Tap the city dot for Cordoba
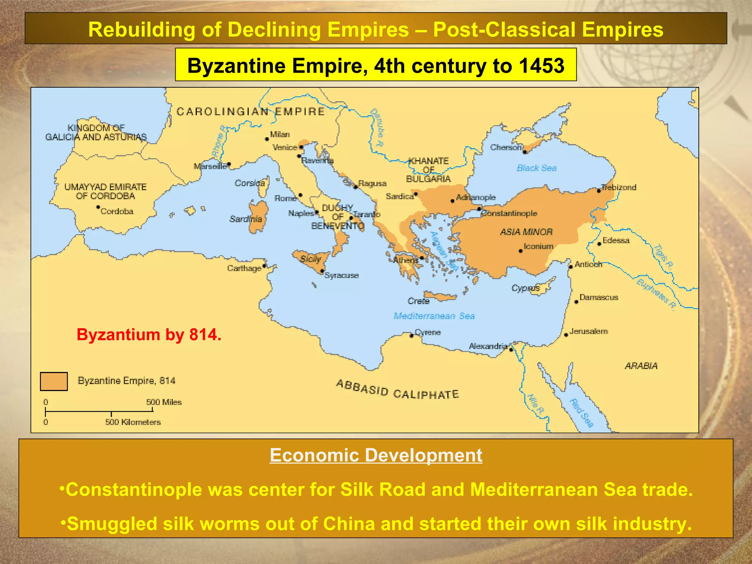coord(98,207)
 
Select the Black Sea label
coord(536,168)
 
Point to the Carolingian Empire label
coord(251,112)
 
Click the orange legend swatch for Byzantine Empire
coord(54,382)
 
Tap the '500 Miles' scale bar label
coord(164,402)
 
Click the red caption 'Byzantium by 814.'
coord(149,335)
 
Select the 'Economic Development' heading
coord(376,455)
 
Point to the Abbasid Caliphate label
coord(397,390)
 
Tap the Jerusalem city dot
coord(566,335)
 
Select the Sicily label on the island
coord(311,259)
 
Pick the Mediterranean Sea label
coord(434,316)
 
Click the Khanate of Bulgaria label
coord(429,170)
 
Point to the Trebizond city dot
coord(599,191)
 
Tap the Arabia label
coord(641,366)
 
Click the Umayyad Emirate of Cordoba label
coord(105,191)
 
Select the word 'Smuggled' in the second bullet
coord(112,524)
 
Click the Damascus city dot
coord(576,302)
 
